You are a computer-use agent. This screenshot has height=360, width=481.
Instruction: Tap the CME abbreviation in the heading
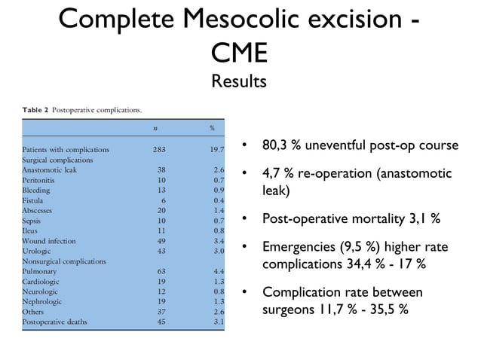point(240,53)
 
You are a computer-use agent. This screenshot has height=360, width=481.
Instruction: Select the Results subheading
point(240,80)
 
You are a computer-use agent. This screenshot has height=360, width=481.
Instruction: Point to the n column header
point(155,128)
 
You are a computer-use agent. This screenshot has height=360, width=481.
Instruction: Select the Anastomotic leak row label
point(48,170)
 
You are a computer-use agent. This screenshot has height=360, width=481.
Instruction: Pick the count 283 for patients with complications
point(159,149)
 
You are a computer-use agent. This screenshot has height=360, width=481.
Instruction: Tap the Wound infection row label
point(49,241)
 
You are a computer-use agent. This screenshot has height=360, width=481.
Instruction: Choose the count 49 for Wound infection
point(161,241)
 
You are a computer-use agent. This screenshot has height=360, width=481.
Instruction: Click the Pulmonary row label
point(38,271)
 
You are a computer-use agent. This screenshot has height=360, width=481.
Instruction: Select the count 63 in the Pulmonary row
point(161,271)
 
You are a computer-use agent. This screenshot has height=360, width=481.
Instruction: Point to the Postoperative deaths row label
point(55,322)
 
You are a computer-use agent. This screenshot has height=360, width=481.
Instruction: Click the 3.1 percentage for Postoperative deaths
point(219,322)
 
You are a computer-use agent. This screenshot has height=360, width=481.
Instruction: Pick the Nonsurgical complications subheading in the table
point(64,261)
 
